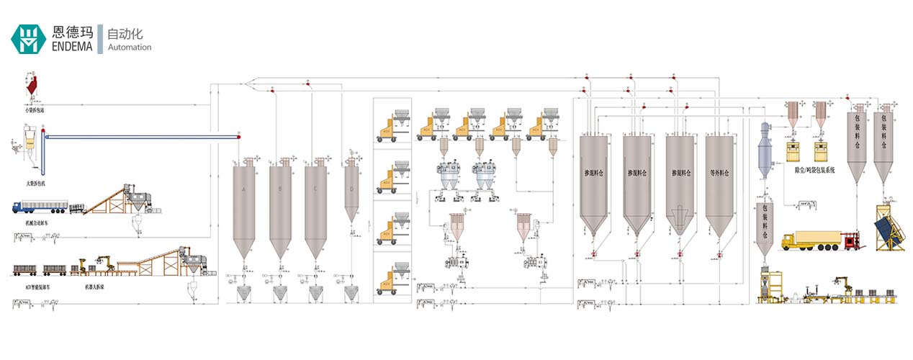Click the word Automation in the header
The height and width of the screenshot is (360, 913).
tap(129, 48)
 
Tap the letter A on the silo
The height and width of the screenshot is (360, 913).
tap(244, 189)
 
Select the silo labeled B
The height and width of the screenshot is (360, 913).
tap(279, 189)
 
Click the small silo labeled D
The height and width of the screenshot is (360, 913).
tap(351, 189)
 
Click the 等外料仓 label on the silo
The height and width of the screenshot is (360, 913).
tap(720, 173)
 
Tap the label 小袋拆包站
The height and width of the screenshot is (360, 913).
tap(34, 110)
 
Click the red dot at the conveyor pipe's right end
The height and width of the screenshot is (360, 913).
tap(238, 135)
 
